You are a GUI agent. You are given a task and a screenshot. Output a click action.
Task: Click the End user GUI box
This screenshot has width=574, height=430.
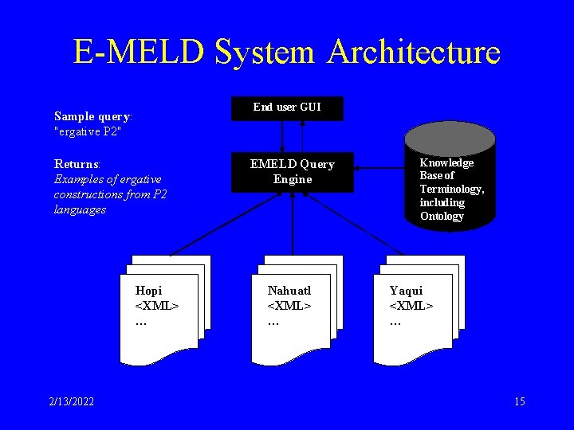(x=287, y=107)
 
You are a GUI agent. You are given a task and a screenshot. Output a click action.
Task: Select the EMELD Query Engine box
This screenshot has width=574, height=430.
(x=292, y=172)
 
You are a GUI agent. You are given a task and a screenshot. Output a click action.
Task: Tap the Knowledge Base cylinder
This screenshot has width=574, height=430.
(x=450, y=187)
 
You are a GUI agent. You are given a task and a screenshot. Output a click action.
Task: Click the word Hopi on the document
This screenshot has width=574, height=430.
(x=148, y=291)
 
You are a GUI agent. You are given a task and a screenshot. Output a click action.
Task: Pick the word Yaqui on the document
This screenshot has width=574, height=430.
(x=406, y=291)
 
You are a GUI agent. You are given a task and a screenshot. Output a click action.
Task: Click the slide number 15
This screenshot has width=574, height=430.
(x=520, y=401)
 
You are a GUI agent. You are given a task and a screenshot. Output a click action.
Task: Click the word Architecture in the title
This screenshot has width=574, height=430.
(x=414, y=53)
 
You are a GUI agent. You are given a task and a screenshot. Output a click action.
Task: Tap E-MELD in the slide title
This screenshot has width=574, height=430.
(x=138, y=53)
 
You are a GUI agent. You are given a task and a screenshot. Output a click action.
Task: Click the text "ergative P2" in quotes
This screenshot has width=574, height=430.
(x=87, y=131)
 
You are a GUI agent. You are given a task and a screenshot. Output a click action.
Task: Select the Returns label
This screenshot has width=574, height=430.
(x=77, y=164)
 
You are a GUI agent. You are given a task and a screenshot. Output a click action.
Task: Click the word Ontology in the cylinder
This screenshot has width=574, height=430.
(x=442, y=217)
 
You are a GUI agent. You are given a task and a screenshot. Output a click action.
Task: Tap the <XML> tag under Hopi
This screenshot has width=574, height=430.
(x=157, y=306)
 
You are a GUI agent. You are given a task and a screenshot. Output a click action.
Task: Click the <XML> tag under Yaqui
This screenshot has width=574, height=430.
(x=411, y=306)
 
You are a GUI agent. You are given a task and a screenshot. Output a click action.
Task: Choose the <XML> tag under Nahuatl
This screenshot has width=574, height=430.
(x=289, y=306)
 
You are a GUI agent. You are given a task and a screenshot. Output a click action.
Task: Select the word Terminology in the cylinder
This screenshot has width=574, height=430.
(x=451, y=190)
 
